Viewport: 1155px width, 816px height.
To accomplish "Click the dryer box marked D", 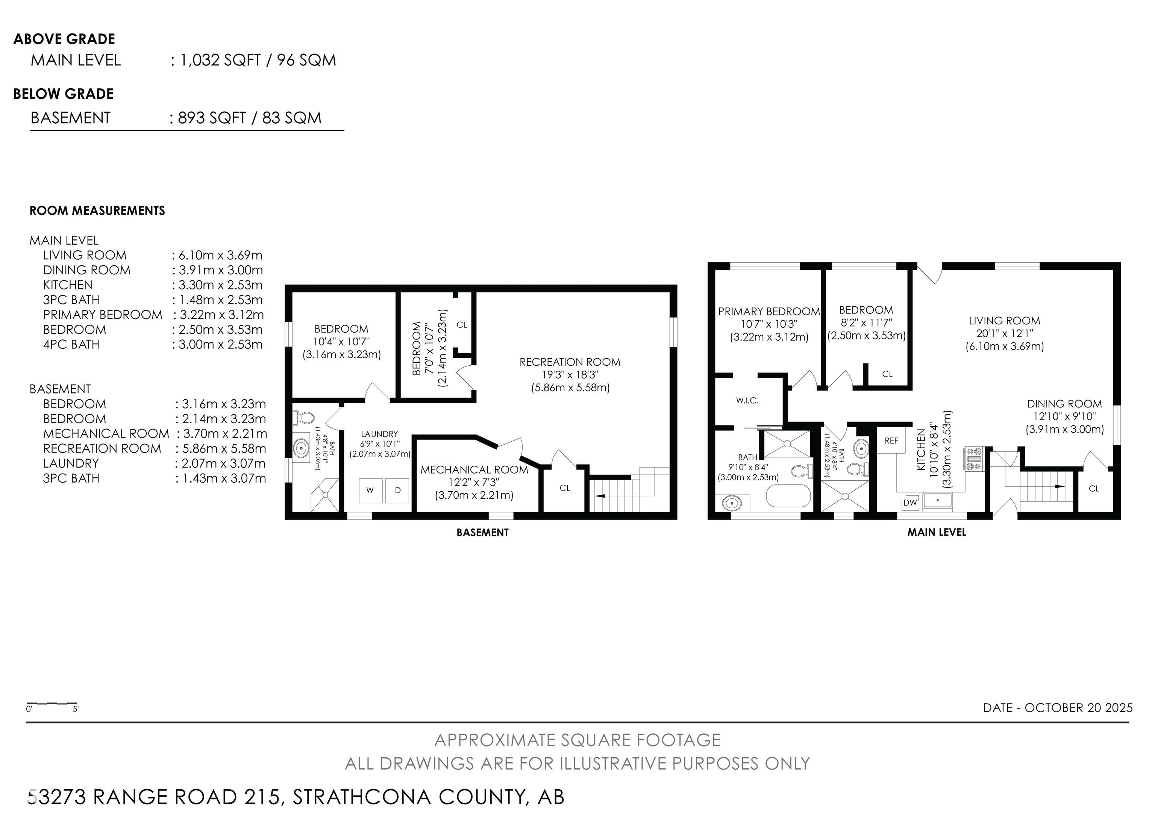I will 397,490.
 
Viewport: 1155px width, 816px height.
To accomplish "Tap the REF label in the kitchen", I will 891,441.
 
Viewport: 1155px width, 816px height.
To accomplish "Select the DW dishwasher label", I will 910,502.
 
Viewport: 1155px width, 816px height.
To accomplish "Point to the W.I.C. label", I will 747,401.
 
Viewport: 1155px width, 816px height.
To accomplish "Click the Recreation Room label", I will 570,362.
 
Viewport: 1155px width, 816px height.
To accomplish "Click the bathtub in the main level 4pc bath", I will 788,496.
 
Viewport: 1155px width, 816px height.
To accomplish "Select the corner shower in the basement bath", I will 324,495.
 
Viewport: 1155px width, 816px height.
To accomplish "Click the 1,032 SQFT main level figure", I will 220,61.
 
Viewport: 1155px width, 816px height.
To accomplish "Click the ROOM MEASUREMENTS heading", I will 97,210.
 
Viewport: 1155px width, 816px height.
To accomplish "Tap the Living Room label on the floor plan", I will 1004,321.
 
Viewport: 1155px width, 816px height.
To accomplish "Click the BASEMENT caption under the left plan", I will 482,533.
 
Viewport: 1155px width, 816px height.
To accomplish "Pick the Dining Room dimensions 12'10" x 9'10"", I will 1064,416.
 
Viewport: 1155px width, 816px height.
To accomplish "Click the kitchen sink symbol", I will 937,501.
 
